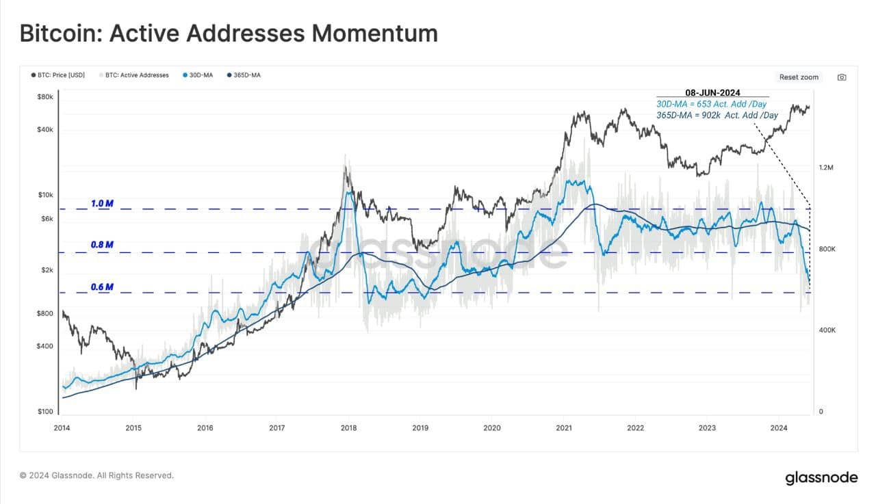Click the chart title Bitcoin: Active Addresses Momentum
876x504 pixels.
[229, 33]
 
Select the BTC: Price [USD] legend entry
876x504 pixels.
[58, 75]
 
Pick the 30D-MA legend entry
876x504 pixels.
[201, 75]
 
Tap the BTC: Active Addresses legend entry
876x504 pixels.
[134, 75]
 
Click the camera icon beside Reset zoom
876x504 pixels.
[842, 77]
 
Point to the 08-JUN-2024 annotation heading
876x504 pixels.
[712, 92]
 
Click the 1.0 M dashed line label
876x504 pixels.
[102, 204]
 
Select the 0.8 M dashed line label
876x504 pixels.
[102, 245]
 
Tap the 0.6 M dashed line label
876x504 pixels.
[102, 287]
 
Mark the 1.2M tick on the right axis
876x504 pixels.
[827, 168]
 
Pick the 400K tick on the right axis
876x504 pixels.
[827, 330]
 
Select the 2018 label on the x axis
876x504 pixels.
[348, 429]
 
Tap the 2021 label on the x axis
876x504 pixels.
[563, 429]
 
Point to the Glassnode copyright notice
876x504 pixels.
[96, 475]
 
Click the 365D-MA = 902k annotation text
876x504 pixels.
[718, 115]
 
